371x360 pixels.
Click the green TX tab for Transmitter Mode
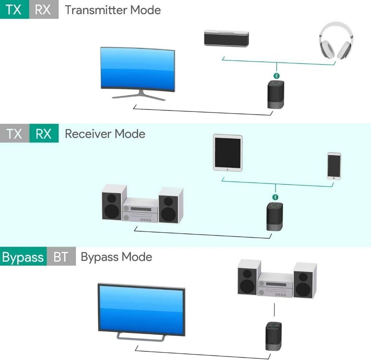pyautogui.click(x=14, y=10)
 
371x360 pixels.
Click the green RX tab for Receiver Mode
pyautogui.click(x=44, y=133)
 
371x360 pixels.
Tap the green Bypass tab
pyautogui.click(x=23, y=257)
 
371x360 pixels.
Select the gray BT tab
pyautogui.click(x=61, y=257)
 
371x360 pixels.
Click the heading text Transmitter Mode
pyautogui.click(x=113, y=10)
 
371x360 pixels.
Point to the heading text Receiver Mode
pyautogui.click(x=105, y=133)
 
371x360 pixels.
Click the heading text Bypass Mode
pyautogui.click(x=116, y=257)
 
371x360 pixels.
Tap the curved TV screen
pyautogui.click(x=137, y=70)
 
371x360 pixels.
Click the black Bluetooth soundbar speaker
pyautogui.click(x=226, y=38)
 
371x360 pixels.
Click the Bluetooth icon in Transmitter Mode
pyautogui.click(x=277, y=76)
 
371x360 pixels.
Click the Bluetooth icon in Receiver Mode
pyautogui.click(x=275, y=197)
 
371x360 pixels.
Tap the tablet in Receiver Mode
pyautogui.click(x=227, y=153)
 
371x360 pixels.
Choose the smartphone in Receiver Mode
pyautogui.click(x=334, y=166)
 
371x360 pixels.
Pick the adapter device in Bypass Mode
pyautogui.click(x=273, y=336)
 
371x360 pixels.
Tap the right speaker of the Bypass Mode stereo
pyautogui.click(x=304, y=280)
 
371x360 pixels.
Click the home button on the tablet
pyautogui.click(x=227, y=169)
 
